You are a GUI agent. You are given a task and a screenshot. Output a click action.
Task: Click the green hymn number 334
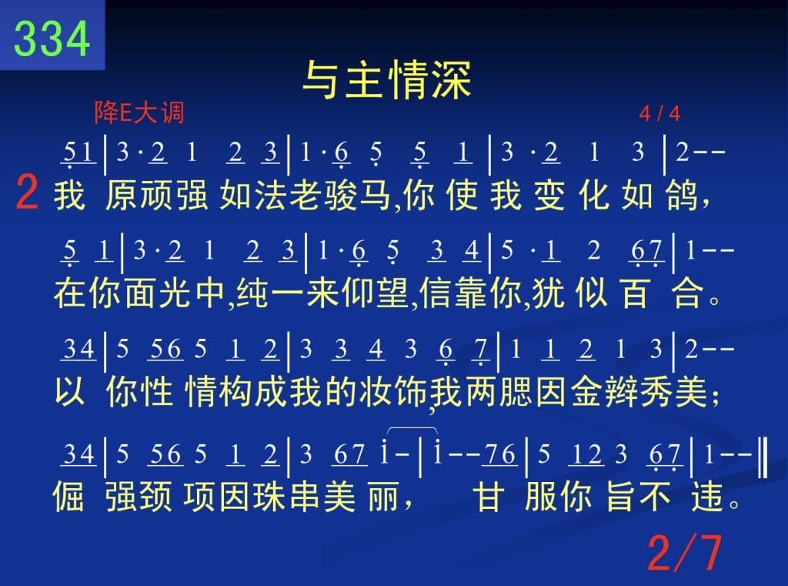pos(52,39)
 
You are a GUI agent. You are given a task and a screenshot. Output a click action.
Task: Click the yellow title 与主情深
pos(387,80)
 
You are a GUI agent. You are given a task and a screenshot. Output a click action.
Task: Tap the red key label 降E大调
pos(139,112)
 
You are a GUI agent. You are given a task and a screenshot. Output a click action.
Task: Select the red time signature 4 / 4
pos(659,114)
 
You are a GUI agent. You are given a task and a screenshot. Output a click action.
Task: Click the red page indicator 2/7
pos(684,554)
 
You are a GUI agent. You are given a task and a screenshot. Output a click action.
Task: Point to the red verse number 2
pos(27,193)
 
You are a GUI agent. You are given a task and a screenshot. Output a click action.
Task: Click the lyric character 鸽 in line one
pos(682,195)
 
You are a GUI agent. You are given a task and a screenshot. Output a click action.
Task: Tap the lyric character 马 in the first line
pos(375,195)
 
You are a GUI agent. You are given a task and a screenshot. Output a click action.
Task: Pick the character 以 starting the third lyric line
pos(69,390)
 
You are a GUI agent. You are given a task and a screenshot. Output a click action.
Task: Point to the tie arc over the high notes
pos(412,429)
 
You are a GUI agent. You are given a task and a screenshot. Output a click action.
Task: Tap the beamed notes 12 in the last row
pos(586,455)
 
